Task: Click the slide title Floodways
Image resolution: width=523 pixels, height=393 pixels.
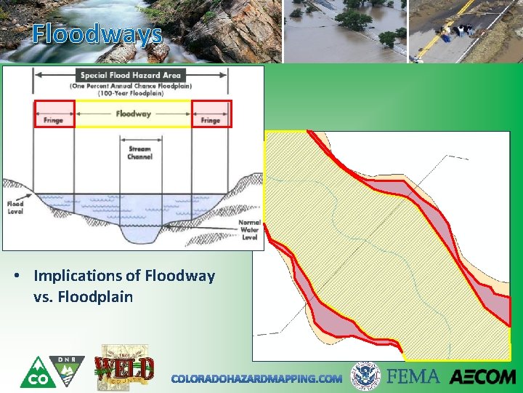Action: coord(97,33)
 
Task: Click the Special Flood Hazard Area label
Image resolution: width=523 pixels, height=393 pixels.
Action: coord(132,75)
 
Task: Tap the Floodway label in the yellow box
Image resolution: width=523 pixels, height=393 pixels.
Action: coord(133,114)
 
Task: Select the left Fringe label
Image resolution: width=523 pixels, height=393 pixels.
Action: coord(54,120)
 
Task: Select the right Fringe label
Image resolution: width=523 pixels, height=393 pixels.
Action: coord(211,120)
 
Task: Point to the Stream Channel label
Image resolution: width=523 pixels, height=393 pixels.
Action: coord(140,154)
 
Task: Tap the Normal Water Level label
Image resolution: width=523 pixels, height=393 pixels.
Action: coord(249,230)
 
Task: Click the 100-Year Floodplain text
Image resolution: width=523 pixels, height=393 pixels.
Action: coord(132,93)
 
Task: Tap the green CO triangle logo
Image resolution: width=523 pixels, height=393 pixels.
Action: coord(34,373)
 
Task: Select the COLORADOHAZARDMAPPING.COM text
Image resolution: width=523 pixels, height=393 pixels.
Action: coord(256,378)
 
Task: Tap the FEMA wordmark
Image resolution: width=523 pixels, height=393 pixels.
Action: coord(413,376)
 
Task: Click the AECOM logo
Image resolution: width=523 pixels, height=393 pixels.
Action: coord(482,377)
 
